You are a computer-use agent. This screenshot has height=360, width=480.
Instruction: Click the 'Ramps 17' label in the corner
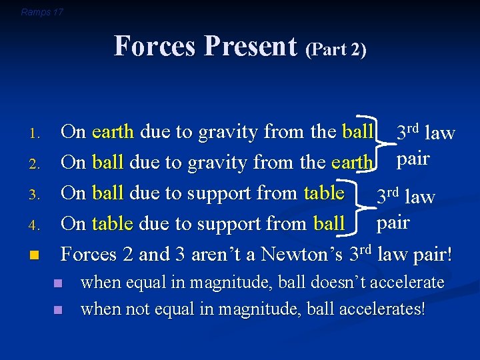point(42,12)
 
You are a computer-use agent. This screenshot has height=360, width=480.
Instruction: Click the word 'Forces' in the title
point(156,47)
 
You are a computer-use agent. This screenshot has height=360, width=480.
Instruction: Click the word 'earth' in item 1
point(113,132)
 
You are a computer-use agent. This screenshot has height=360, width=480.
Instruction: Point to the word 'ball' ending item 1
point(357,132)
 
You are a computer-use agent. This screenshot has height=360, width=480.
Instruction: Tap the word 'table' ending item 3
point(323,193)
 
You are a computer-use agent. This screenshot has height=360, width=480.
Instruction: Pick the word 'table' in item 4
point(113,224)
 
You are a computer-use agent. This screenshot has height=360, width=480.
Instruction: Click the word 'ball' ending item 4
point(329,224)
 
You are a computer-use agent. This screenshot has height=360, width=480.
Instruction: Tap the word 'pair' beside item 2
point(413,160)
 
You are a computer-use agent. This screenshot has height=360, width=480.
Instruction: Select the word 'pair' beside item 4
point(393,222)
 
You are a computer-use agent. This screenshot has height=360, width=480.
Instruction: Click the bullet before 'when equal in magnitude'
point(59,283)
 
